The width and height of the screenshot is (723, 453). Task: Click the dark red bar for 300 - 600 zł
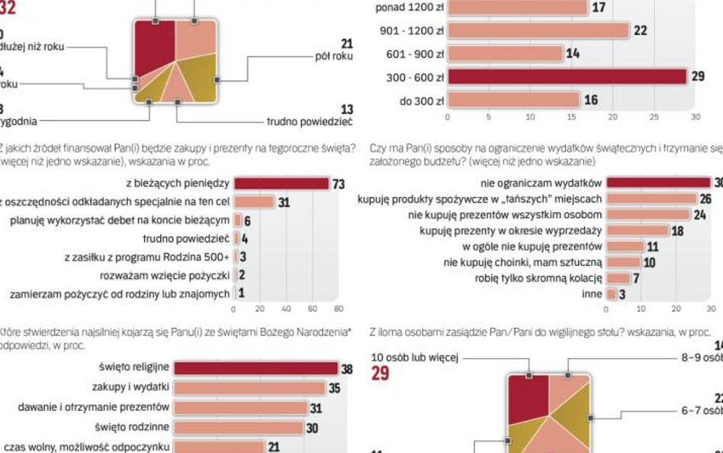[x=567, y=77]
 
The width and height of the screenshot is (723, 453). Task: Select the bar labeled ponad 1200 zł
[x=518, y=8]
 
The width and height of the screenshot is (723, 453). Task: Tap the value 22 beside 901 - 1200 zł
[x=641, y=31]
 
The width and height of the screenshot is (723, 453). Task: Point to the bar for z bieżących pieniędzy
[x=281, y=183]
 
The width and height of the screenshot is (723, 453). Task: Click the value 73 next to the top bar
[x=339, y=184]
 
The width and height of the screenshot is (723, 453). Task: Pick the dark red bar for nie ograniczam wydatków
[x=658, y=183]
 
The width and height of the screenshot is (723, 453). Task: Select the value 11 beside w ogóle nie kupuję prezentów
[x=652, y=247]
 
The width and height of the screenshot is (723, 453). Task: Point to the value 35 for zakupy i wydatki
[x=334, y=388]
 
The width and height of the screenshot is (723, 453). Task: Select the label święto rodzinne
[x=131, y=426]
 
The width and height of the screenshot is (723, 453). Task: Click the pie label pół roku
[x=333, y=57]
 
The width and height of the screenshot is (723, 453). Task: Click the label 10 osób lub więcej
[x=415, y=357]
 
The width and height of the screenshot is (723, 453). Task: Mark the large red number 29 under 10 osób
[x=381, y=374]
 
